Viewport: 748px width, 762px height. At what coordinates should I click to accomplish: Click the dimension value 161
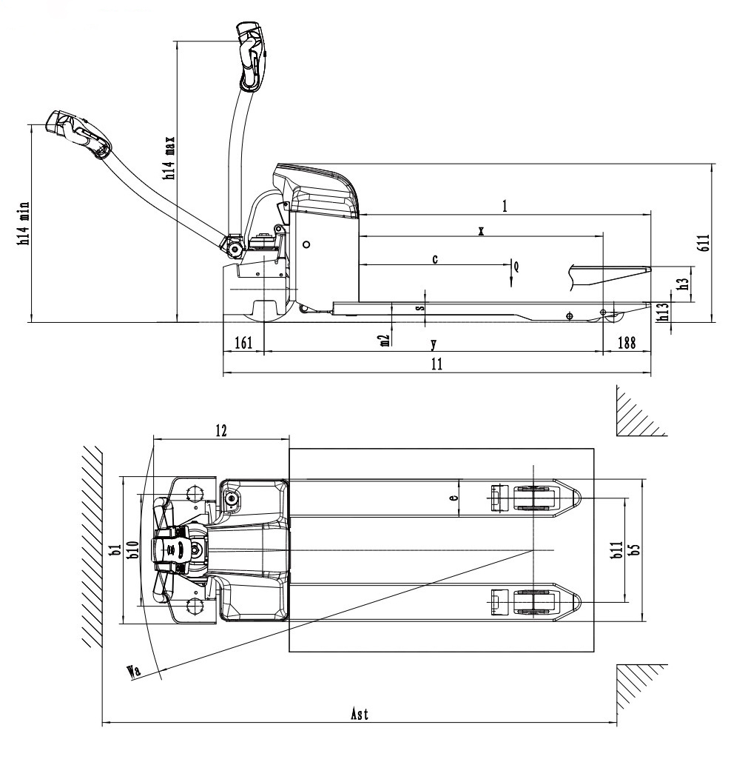(243, 343)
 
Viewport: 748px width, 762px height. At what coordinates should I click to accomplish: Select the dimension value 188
(626, 343)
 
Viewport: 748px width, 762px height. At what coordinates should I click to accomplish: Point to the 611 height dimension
(704, 242)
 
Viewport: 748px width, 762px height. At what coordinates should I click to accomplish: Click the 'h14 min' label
(24, 223)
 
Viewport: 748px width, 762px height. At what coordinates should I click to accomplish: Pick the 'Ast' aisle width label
(360, 714)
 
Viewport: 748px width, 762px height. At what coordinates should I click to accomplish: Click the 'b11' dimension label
(617, 549)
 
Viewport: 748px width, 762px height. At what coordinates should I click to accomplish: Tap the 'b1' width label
(115, 549)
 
